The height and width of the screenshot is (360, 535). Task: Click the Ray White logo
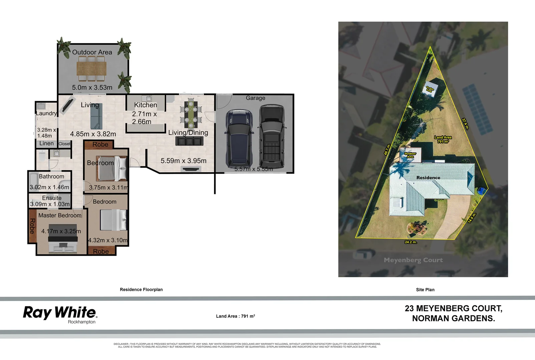click(60, 313)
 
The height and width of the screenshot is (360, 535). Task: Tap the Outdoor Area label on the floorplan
click(92, 52)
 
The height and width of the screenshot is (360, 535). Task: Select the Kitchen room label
click(145, 105)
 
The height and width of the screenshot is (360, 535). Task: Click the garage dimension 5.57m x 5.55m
click(253, 169)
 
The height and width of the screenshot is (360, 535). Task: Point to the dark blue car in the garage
click(239, 138)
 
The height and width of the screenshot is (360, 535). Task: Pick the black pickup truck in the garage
click(272, 137)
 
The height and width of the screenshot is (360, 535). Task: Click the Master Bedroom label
click(60, 215)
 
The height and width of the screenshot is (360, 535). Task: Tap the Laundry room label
click(46, 113)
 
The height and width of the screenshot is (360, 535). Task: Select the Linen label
click(46, 143)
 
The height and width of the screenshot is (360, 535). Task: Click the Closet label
click(64, 144)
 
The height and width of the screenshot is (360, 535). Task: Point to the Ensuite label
click(52, 198)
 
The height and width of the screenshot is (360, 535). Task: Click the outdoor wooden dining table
click(91, 69)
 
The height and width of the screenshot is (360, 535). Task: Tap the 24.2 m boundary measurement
click(411, 242)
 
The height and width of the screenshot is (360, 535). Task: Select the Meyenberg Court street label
click(413, 260)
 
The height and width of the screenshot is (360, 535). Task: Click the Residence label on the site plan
click(428, 178)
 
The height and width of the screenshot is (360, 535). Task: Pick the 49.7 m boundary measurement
click(387, 149)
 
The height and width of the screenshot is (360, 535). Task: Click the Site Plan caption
click(425, 290)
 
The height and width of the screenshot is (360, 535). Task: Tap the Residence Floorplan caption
click(141, 290)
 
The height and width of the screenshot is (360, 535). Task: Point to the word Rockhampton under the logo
click(82, 322)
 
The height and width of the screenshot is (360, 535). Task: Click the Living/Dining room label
click(188, 133)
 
